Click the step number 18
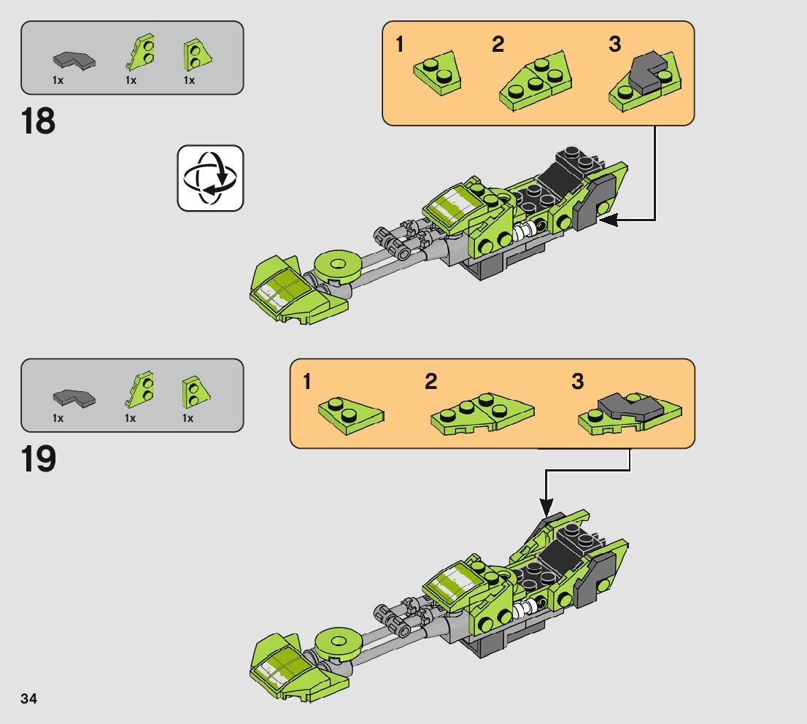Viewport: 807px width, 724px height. (39, 120)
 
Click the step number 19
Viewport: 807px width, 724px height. (39, 458)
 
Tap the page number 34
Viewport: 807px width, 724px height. (29, 698)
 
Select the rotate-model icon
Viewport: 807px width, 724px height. (210, 178)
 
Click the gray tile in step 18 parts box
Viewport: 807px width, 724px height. (74, 60)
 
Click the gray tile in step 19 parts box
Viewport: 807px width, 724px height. (74, 398)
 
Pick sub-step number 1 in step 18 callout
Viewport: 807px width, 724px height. (399, 45)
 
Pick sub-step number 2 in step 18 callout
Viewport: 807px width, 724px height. (498, 45)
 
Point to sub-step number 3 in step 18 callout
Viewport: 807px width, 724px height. (615, 45)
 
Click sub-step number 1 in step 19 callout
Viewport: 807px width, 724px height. (307, 382)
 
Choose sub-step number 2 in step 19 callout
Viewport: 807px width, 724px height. (431, 382)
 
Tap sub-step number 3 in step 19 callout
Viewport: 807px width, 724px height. (578, 382)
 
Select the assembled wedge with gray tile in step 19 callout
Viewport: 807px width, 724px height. (629, 413)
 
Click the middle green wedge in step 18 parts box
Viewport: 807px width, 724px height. (142, 53)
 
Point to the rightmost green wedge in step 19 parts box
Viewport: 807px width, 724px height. (195, 390)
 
